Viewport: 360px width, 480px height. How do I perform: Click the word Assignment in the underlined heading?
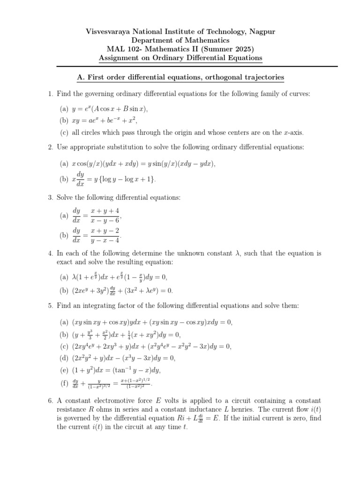pyautogui.click(x=120, y=58)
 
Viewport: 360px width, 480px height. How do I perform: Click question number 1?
pyautogui.click(x=50, y=94)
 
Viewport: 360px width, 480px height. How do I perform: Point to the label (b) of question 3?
pyautogui.click(x=64, y=235)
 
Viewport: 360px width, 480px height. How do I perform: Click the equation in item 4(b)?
pyautogui.click(x=122, y=290)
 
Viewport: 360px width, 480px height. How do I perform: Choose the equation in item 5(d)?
pyautogui.click(x=124, y=358)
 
